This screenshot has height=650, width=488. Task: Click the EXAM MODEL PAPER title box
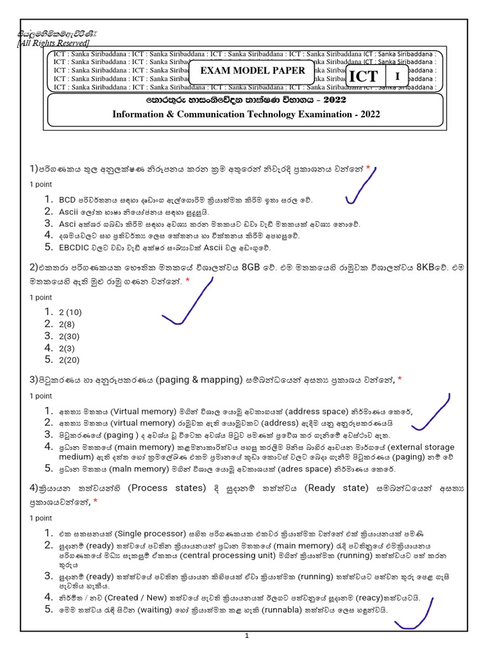pyautogui.click(x=253, y=70)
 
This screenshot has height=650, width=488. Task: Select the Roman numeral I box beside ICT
pyautogui.click(x=398, y=77)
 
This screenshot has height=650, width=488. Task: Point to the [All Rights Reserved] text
pyautogui.click(x=53, y=43)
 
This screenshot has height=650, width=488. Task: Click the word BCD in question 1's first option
pyautogui.click(x=67, y=200)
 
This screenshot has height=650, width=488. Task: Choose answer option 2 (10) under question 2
pyautogui.click(x=70, y=312)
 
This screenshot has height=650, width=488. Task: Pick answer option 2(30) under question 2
pyautogui.click(x=69, y=336)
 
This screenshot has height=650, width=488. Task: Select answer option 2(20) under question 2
pyautogui.click(x=69, y=361)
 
